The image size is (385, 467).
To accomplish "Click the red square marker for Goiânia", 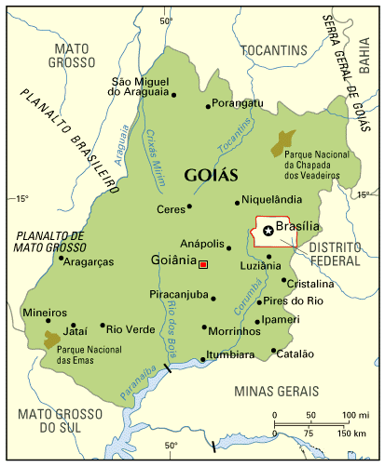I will pos(202,265).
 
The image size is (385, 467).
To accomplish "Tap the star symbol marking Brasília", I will pos(268,230).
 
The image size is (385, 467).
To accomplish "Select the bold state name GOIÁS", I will pos(212,175).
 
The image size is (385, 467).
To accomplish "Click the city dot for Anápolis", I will pos(228,247).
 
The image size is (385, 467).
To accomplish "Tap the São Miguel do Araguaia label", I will pos(141,87).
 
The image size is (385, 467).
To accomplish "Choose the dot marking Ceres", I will pos(189,207).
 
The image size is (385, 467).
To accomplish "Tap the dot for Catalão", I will pos(273,351).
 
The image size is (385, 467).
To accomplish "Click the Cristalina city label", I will pos(310,284).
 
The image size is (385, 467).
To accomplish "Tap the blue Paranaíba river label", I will pos(139,384).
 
